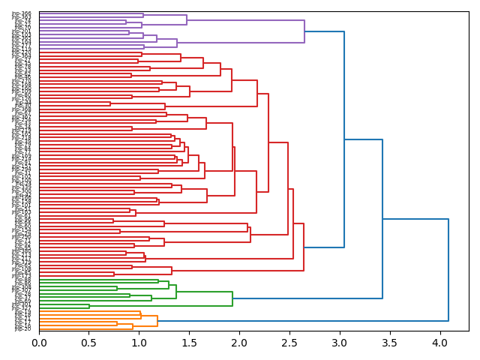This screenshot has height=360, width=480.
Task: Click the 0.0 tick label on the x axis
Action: click(x=39, y=343)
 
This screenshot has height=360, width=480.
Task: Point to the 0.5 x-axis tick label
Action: click(x=88, y=343)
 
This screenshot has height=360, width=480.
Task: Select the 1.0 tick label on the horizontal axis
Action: click(x=139, y=343)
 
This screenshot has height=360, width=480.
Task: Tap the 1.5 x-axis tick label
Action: click(x=189, y=343)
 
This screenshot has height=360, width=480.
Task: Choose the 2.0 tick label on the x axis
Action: click(x=239, y=343)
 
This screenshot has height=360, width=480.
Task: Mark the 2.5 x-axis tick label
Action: click(x=289, y=343)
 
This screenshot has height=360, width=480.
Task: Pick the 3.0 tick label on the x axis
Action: click(x=340, y=343)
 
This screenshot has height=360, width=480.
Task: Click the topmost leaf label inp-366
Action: click(x=22, y=13)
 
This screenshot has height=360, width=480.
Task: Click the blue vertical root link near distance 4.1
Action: click(x=448, y=270)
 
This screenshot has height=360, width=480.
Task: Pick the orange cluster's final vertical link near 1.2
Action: click(x=157, y=321)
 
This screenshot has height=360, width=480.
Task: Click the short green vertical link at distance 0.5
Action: click(x=89, y=306)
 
